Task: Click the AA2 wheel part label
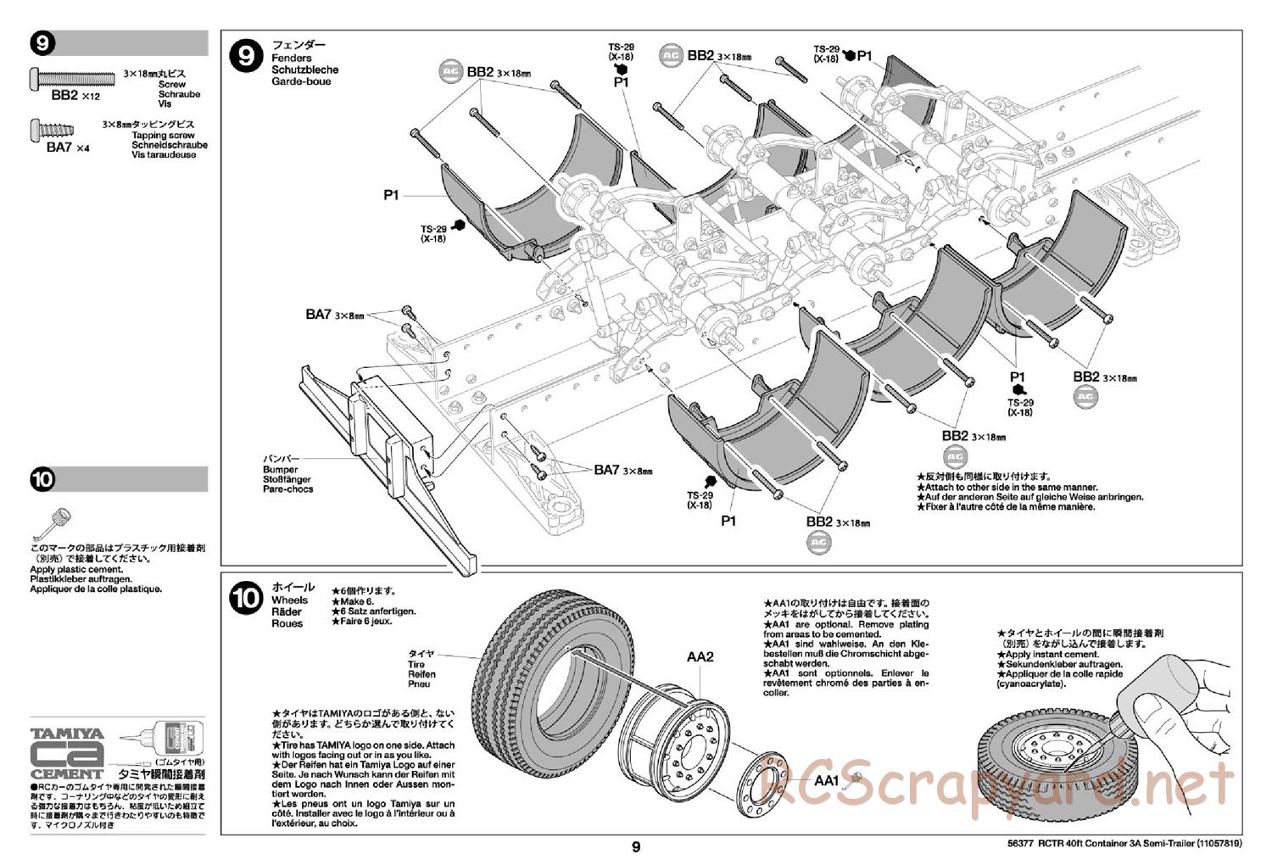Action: [700, 656]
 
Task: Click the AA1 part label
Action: [826, 781]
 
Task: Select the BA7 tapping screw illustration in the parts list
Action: [53, 131]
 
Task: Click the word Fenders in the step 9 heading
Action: [290, 58]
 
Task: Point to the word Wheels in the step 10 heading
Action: [290, 600]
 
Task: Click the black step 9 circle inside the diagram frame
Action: [246, 56]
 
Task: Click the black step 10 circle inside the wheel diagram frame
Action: [246, 599]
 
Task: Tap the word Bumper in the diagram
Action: [281, 470]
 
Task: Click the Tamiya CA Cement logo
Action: [67, 753]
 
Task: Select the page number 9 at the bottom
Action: [636, 846]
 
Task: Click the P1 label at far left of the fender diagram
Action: [391, 195]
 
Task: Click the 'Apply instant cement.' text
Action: [1052, 655]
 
